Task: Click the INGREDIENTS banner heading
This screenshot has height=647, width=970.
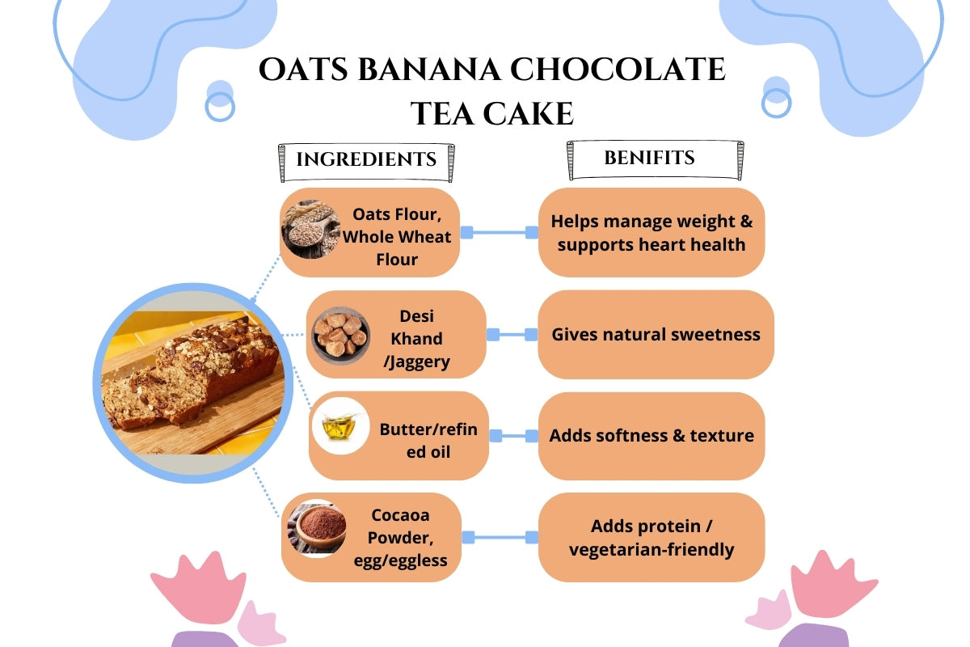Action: (366, 159)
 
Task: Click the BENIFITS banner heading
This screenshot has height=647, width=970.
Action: (649, 158)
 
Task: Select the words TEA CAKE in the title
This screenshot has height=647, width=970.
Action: (491, 113)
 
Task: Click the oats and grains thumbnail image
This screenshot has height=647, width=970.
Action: (311, 229)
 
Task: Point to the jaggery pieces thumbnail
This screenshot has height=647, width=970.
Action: (340, 334)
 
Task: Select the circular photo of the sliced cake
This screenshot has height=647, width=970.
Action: (192, 383)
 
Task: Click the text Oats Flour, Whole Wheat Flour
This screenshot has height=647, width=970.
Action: (397, 237)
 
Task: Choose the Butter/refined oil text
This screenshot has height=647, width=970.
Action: (428, 440)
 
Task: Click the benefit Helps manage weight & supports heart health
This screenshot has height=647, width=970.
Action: (652, 232)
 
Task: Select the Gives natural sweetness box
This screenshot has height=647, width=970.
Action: (656, 334)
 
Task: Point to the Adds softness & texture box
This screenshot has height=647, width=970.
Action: (652, 436)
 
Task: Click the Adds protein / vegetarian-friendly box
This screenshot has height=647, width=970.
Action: (652, 538)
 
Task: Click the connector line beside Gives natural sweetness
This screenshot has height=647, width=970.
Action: (512, 334)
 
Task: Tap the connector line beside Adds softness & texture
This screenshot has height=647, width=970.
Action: (513, 436)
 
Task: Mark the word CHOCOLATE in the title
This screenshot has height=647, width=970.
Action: (618, 70)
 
